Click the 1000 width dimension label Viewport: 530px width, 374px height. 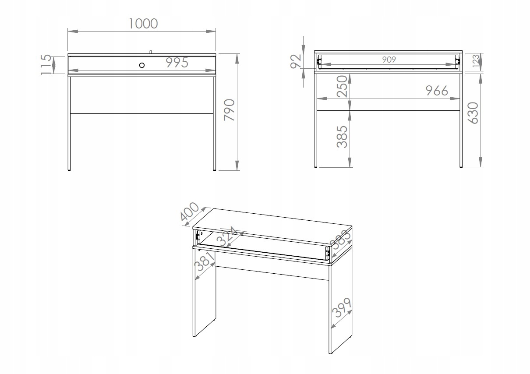(x=143, y=24)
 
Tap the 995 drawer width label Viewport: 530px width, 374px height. (x=177, y=63)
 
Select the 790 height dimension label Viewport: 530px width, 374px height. (x=229, y=110)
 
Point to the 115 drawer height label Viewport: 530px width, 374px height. (x=46, y=64)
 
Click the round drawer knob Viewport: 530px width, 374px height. (x=142, y=65)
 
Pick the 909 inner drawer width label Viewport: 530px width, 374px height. (x=389, y=60)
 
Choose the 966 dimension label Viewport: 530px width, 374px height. (x=437, y=91)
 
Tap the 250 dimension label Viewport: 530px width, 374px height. (x=342, y=86)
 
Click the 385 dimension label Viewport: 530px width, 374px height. (x=342, y=137)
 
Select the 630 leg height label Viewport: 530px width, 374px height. (x=473, y=113)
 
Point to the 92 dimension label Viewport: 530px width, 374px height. (x=296, y=61)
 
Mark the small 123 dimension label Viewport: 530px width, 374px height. (x=476, y=61)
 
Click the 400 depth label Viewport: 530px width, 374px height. (x=190, y=212)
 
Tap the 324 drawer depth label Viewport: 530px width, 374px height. (x=226, y=236)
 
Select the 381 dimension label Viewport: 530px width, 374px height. (x=205, y=261)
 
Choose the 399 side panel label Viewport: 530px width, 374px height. (x=341, y=307)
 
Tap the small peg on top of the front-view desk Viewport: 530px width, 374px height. (x=151, y=52)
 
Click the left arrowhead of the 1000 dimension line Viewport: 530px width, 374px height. (x=73, y=31)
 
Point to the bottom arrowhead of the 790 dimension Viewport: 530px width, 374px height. (x=237, y=165)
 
